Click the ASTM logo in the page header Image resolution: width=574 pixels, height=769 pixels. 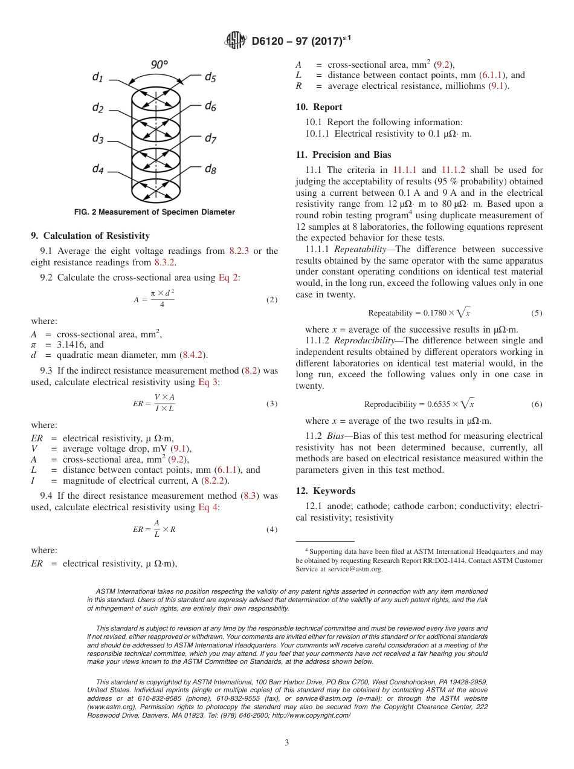(x=235, y=41)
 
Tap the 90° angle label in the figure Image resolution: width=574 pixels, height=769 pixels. (x=159, y=65)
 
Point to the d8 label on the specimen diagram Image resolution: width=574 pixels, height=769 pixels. (x=210, y=169)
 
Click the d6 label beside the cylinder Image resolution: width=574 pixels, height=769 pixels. (x=210, y=106)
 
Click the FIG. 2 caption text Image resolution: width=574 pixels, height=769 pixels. (x=154, y=212)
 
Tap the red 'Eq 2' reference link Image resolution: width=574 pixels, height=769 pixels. (x=228, y=277)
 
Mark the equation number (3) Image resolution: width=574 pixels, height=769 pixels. (x=272, y=404)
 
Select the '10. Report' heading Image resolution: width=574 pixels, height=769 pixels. (x=319, y=107)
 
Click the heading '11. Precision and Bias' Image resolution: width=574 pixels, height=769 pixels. (x=343, y=155)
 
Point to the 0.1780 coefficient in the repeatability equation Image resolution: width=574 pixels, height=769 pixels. (x=433, y=313)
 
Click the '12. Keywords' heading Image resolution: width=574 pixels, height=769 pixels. (x=326, y=491)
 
